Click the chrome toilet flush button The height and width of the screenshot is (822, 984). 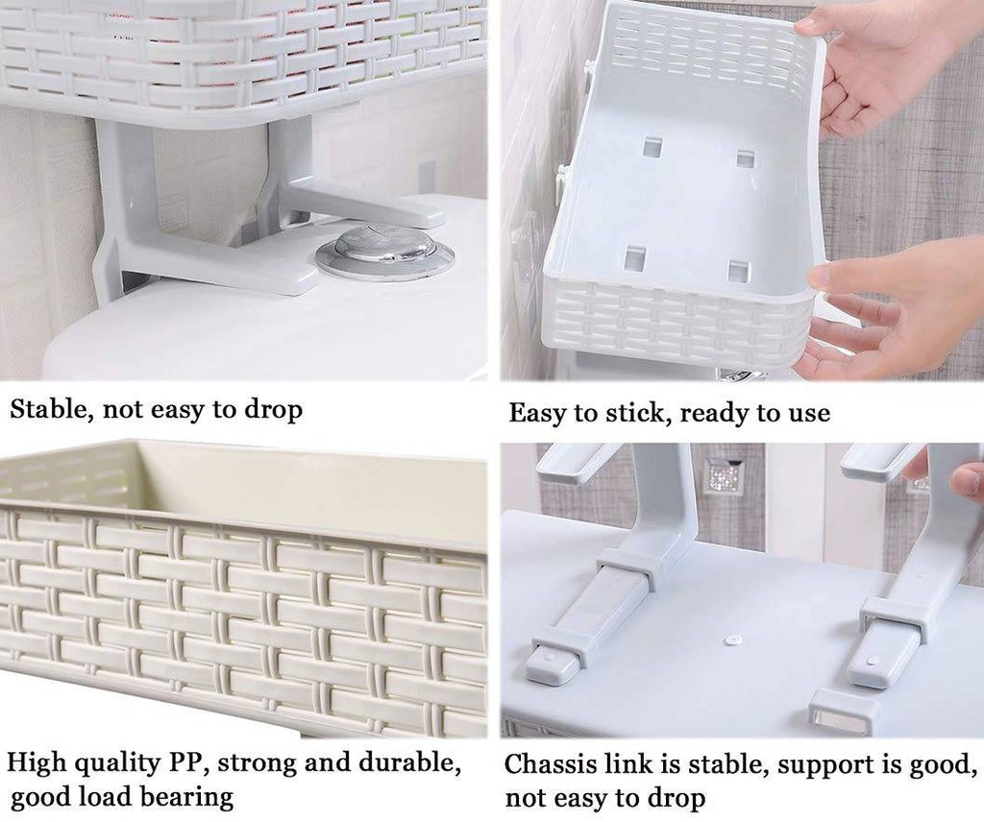click(384, 249)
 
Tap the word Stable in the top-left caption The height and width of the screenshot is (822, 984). click(48, 409)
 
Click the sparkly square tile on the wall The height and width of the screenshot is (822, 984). click(721, 476)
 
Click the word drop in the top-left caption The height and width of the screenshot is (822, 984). click(273, 411)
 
